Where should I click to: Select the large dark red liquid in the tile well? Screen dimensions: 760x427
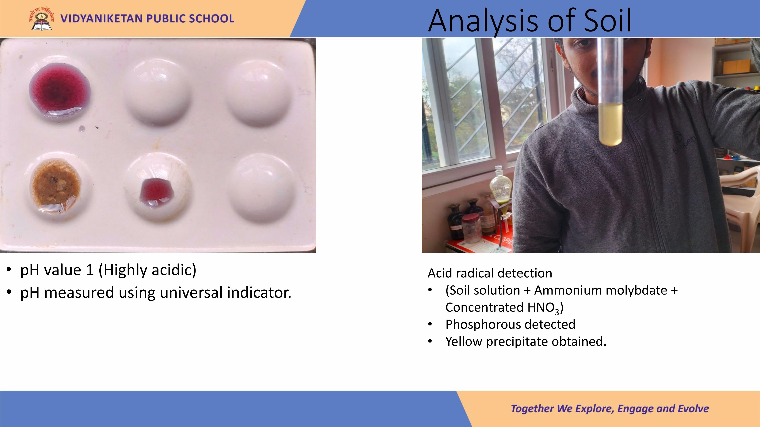tap(60, 89)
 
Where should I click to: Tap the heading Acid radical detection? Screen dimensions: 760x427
tap(490, 273)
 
